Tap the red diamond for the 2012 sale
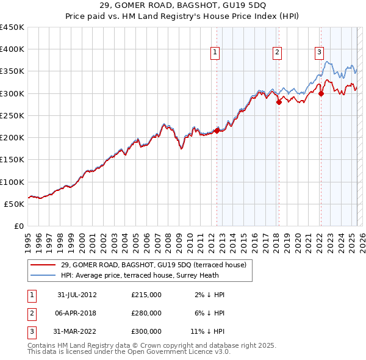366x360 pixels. click(217, 131)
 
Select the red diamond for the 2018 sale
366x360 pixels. click(279, 102)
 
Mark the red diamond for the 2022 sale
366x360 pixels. click(321, 93)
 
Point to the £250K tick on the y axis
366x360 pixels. click(12, 116)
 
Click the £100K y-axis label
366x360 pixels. click(12, 182)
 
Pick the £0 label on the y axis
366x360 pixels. click(18, 226)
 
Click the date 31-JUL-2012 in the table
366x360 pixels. click(77, 295)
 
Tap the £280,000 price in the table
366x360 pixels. click(146, 313)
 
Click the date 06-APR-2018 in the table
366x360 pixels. click(77, 313)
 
